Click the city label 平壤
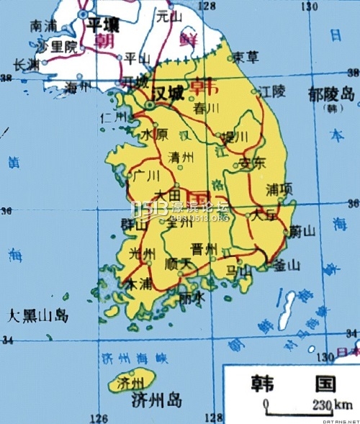point(102,24)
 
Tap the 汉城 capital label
point(168,94)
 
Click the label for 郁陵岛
point(330,94)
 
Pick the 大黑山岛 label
point(37,315)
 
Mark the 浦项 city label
point(279,189)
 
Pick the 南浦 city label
point(42,25)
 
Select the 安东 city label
point(252,162)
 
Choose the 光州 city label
point(141,254)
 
